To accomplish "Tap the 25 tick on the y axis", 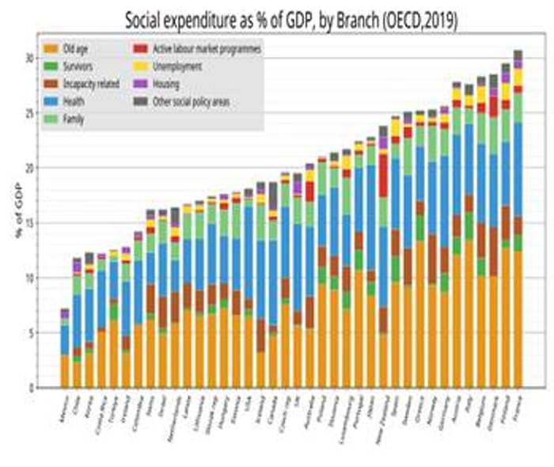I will click(x=29, y=113).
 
